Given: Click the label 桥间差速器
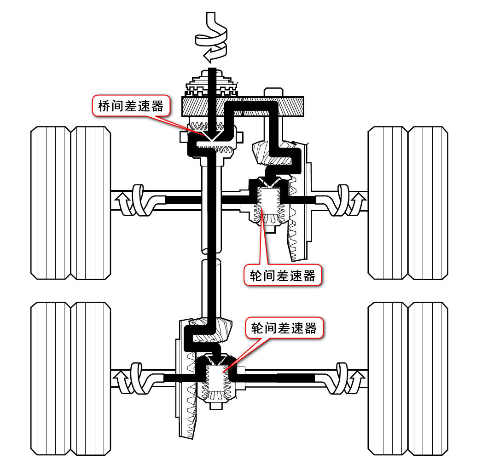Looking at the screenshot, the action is pos(131,106).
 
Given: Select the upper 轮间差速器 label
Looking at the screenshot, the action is pos(283,275).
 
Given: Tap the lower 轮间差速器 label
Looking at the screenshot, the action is pos(284,328).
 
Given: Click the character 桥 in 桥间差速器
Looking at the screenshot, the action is pos(104,106).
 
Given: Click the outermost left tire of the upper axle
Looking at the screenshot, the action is pos(50,203).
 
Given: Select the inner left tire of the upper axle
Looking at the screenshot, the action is pos(90,203).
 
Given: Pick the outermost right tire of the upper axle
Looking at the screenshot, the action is pos(428,203).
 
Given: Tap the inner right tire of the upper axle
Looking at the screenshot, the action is pos(388,203).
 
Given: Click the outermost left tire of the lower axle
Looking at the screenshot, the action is pos(50,379).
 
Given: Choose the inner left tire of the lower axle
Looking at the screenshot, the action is pos(90,379).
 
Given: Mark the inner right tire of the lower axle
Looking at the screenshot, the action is pos(388,379).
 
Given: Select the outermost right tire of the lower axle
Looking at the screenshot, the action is pos(428,379).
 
